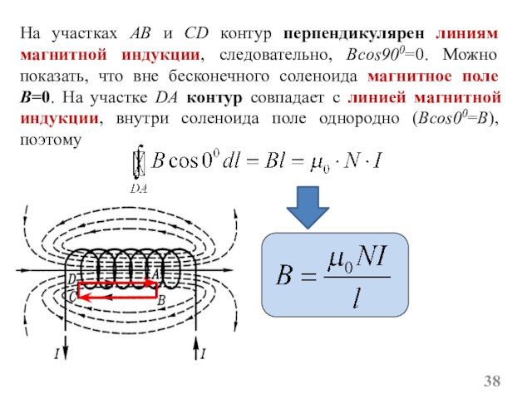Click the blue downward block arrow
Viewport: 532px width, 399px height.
pyautogui.click(x=309, y=206)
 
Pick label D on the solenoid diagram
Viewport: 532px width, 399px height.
pyautogui.click(x=71, y=279)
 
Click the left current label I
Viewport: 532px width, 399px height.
pyautogui.click(x=56, y=355)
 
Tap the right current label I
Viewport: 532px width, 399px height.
pyautogui.click(x=202, y=355)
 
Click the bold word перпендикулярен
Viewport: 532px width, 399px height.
pyautogui.click(x=356, y=35)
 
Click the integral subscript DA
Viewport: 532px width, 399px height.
pyautogui.click(x=140, y=188)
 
